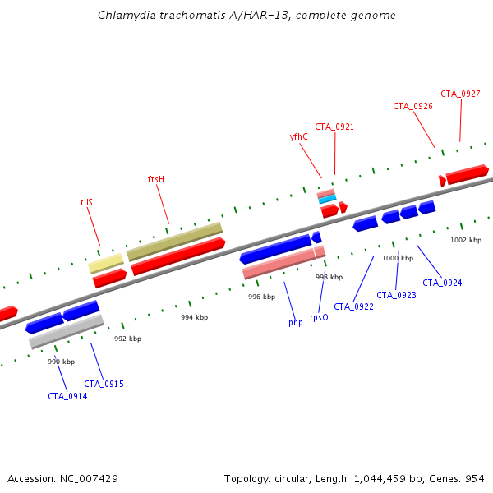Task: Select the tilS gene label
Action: tap(86, 201)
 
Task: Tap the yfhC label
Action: tap(298, 136)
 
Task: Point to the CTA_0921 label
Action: tap(334, 127)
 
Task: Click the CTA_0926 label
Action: tap(412, 106)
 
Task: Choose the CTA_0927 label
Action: tap(460, 94)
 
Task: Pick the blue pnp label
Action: tap(295, 322)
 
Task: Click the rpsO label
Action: tap(319, 316)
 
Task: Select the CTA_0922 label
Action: tap(353, 306)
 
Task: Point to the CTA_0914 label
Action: tap(67, 396)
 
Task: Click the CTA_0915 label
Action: tap(104, 384)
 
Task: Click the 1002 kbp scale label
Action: tap(464, 240)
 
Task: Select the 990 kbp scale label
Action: tap(61, 362)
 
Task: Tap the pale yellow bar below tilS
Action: tap(106, 263)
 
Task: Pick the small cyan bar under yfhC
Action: tap(327, 200)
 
